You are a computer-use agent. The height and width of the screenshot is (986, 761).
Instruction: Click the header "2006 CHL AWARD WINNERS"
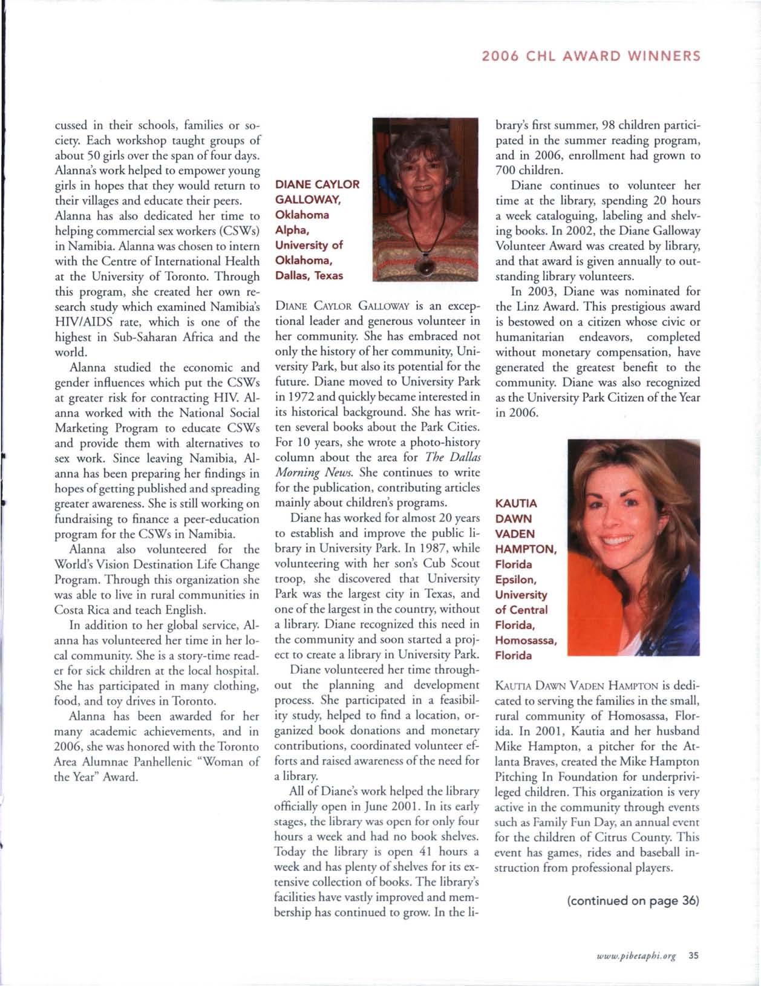pos(590,56)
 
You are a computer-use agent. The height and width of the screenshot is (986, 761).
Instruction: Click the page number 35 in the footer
pos(693,956)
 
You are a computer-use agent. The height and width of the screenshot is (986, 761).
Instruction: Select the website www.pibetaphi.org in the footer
pos(636,956)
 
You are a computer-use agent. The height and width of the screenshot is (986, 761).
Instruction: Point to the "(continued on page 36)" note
pos(633,901)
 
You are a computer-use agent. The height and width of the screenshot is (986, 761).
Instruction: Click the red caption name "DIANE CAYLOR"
pos(317,184)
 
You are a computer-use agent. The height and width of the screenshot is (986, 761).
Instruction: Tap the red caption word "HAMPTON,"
pos(526,549)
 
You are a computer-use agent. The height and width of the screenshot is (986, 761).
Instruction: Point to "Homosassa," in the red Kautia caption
pos(526,640)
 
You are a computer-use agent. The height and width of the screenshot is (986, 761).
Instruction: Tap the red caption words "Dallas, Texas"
pos(309,276)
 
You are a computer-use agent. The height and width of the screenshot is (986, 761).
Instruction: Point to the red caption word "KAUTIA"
pos(516,504)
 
